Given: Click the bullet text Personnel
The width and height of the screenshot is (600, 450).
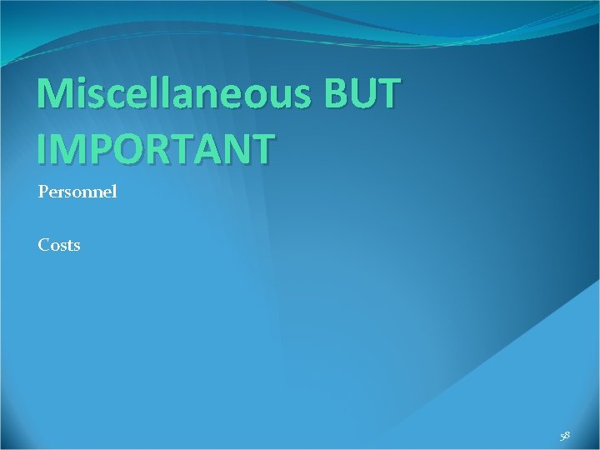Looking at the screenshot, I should (77, 192).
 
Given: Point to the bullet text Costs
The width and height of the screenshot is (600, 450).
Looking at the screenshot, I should (59, 245).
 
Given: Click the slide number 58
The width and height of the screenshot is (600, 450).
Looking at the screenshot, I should (565, 436).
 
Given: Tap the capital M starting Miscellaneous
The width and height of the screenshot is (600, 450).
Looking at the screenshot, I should (56, 96).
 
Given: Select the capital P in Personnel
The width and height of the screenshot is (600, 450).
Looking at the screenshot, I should (42, 192).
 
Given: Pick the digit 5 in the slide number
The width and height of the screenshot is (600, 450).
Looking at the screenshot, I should (562, 436).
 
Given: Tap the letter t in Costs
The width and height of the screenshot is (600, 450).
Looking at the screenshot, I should (69, 246).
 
